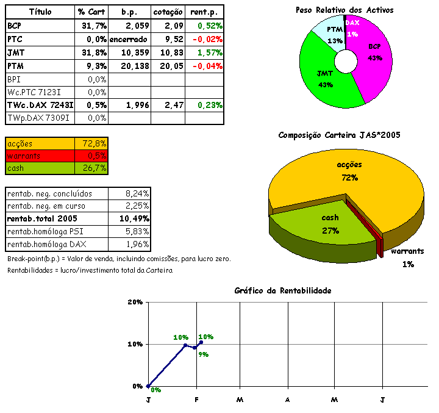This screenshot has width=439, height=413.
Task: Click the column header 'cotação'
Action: click(x=167, y=12)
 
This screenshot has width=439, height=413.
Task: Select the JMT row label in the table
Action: click(x=16, y=52)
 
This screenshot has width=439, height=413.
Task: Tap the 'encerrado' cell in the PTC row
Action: click(x=129, y=39)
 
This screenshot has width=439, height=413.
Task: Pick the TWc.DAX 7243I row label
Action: click(x=40, y=105)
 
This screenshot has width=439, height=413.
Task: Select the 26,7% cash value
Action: click(x=95, y=168)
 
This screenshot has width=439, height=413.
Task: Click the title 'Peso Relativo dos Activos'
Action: click(x=344, y=10)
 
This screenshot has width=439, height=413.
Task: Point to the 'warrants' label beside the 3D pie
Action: click(x=407, y=251)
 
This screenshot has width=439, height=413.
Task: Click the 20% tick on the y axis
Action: click(x=135, y=303)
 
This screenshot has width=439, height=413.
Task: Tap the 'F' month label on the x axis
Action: click(x=196, y=400)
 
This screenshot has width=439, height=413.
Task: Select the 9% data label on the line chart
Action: click(x=203, y=354)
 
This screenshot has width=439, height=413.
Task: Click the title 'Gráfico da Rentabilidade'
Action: click(x=283, y=290)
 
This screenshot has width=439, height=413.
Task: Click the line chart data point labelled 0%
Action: click(x=148, y=386)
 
